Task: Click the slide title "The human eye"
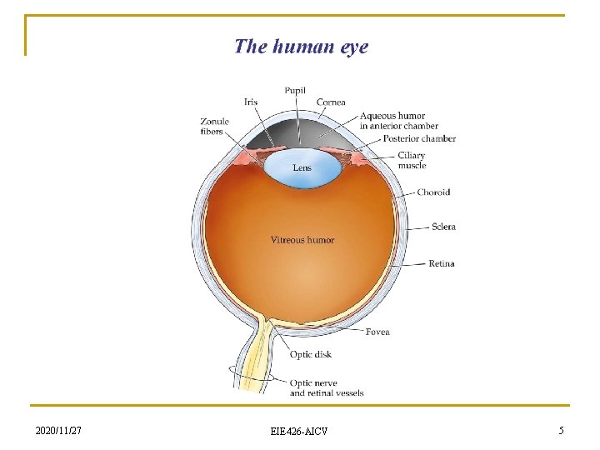(x=301, y=46)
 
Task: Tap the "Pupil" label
(x=295, y=91)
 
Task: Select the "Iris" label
(x=251, y=102)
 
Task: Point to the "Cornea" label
(x=331, y=102)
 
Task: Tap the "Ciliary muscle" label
(x=412, y=160)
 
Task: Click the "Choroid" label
(x=433, y=192)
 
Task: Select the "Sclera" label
(x=443, y=227)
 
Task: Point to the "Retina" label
(x=442, y=263)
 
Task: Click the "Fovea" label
(x=377, y=332)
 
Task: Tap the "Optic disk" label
(x=311, y=354)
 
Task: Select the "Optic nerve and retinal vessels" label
(x=327, y=387)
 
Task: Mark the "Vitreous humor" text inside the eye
(x=302, y=240)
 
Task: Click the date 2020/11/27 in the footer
(x=58, y=430)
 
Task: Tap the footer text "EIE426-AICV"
(x=299, y=431)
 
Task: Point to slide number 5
(x=561, y=430)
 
